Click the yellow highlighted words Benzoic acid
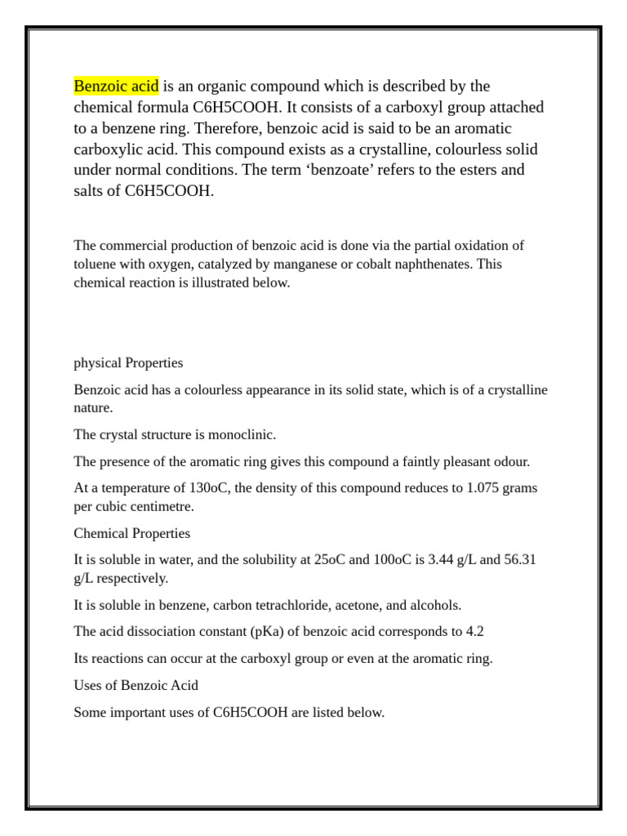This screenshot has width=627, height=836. (x=116, y=86)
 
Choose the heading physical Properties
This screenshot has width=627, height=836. (x=128, y=362)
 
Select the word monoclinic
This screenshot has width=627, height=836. (x=238, y=434)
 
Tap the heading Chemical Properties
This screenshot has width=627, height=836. (x=131, y=533)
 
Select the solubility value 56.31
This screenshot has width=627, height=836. (x=518, y=560)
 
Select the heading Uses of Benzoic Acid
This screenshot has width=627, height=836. (x=136, y=685)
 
